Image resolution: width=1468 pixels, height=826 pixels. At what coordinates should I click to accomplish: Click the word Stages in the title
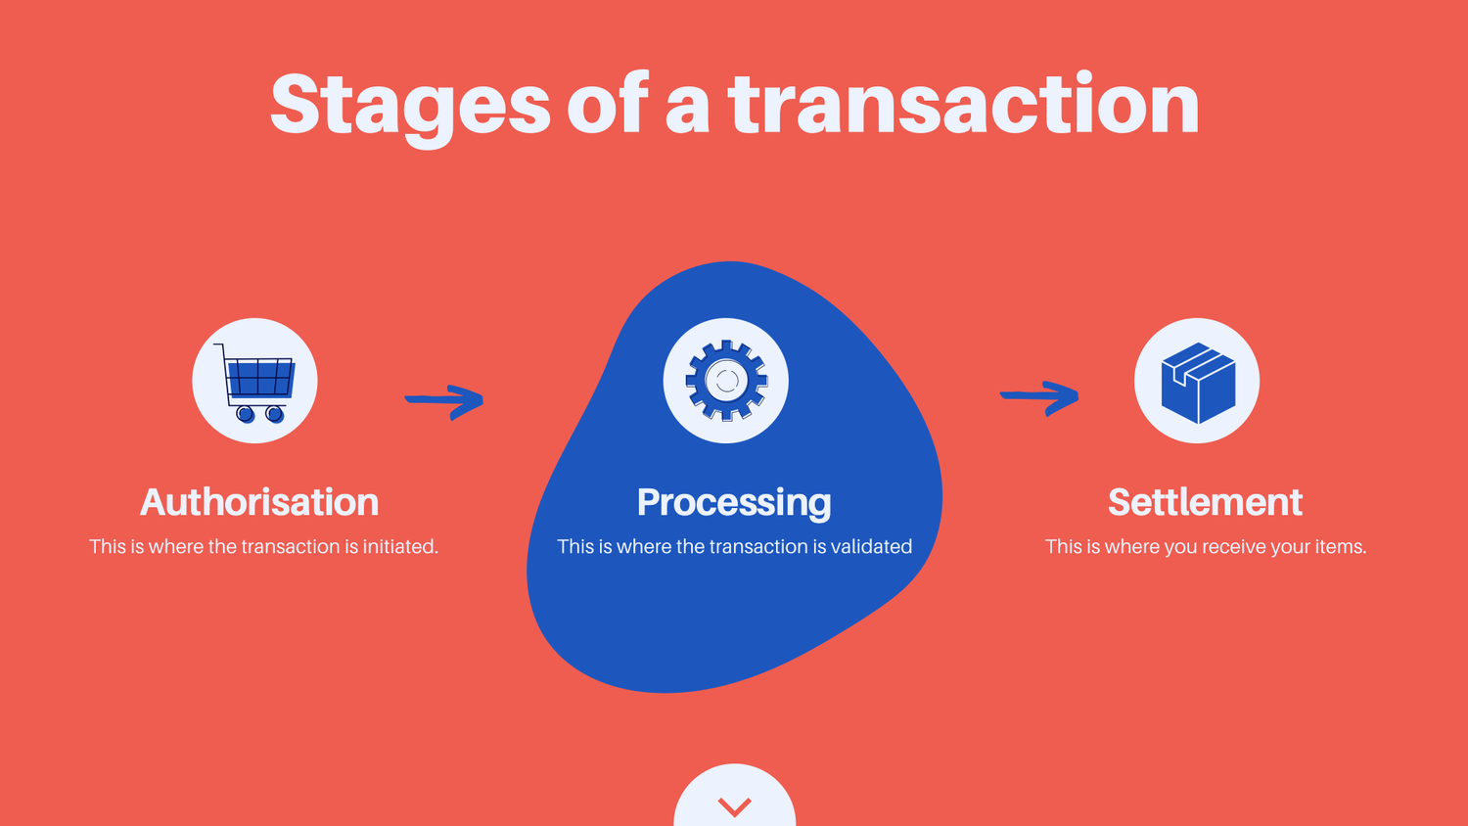click(x=410, y=106)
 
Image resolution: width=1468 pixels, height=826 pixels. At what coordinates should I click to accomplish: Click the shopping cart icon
click(x=255, y=381)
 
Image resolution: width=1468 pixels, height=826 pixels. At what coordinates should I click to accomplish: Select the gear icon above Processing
click(x=726, y=381)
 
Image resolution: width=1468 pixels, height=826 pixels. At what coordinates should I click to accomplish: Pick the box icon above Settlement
click(x=1197, y=381)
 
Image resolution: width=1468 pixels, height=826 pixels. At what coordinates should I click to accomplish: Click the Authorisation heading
click(x=259, y=502)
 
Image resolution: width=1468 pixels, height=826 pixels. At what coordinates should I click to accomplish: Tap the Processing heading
click(x=734, y=502)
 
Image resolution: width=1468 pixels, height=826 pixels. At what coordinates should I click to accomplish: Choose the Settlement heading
click(x=1205, y=502)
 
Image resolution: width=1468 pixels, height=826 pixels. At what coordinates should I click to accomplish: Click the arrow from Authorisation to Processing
click(x=445, y=400)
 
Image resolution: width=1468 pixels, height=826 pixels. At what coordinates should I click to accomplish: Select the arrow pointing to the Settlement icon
click(x=1039, y=396)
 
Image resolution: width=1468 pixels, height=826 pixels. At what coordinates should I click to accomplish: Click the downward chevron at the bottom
click(x=734, y=805)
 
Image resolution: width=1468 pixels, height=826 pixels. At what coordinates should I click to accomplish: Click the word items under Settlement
click(x=1340, y=546)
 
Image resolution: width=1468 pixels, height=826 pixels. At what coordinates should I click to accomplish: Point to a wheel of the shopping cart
click(x=246, y=414)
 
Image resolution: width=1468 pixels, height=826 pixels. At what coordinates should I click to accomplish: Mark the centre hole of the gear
click(x=726, y=381)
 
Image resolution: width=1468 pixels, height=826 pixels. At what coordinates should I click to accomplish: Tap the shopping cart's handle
click(x=219, y=347)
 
